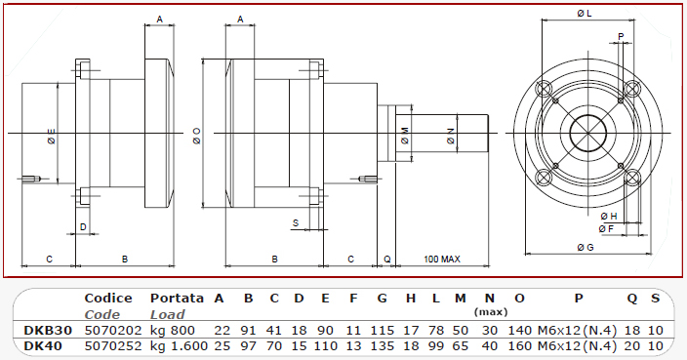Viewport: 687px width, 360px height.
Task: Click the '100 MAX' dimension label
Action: (442, 260)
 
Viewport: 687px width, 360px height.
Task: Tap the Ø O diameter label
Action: (196, 136)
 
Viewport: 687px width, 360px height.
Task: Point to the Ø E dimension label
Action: (52, 137)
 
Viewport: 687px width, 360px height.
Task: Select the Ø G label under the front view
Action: (586, 248)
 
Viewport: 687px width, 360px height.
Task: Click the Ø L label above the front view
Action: (585, 14)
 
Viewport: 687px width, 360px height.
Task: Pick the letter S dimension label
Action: (296, 222)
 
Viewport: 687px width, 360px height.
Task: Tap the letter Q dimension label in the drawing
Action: (386, 260)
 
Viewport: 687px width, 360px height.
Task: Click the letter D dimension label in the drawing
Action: (83, 227)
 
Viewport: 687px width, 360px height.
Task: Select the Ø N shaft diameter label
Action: (451, 137)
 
